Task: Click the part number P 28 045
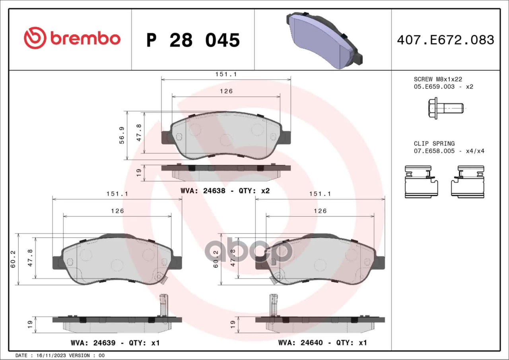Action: (x=193, y=40)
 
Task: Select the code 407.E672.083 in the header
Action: (x=445, y=40)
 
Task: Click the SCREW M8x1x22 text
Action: (x=438, y=79)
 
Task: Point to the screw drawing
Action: (x=446, y=108)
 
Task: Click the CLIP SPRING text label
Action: (x=434, y=143)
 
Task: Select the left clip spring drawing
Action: (x=422, y=182)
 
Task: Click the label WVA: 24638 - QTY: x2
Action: (x=225, y=191)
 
